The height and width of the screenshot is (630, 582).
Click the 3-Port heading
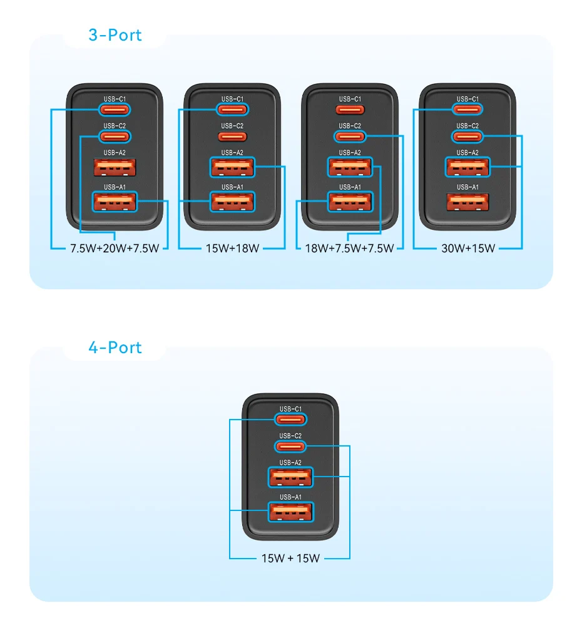point(115,35)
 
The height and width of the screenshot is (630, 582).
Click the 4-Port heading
point(115,348)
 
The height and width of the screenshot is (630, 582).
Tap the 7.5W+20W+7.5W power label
point(115,248)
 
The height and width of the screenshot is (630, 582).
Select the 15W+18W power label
point(232,248)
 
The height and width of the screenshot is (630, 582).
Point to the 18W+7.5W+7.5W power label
point(350,248)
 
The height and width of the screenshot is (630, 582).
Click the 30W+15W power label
point(468,248)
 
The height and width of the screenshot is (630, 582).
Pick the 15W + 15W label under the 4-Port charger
point(290,558)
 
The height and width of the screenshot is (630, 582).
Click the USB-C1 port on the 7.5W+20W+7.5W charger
point(115,110)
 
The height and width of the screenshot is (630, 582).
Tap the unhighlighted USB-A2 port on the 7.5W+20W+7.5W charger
point(115,168)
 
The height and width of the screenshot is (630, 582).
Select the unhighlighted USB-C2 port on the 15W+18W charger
point(232,137)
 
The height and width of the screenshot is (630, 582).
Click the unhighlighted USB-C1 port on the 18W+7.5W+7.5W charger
point(350,110)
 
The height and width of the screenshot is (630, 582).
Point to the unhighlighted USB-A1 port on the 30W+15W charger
point(467,202)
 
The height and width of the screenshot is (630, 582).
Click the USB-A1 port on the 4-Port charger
point(290,512)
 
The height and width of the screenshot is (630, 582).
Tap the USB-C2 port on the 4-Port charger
point(290,447)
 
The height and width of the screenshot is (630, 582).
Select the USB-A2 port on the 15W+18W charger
point(232,168)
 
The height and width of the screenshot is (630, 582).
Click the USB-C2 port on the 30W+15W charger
point(467,137)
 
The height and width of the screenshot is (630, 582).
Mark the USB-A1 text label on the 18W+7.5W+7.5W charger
point(350,187)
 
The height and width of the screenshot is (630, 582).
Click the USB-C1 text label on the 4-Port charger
point(290,408)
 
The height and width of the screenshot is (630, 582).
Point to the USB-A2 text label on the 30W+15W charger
point(467,152)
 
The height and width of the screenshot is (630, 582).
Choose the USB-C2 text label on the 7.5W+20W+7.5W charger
point(115,126)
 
